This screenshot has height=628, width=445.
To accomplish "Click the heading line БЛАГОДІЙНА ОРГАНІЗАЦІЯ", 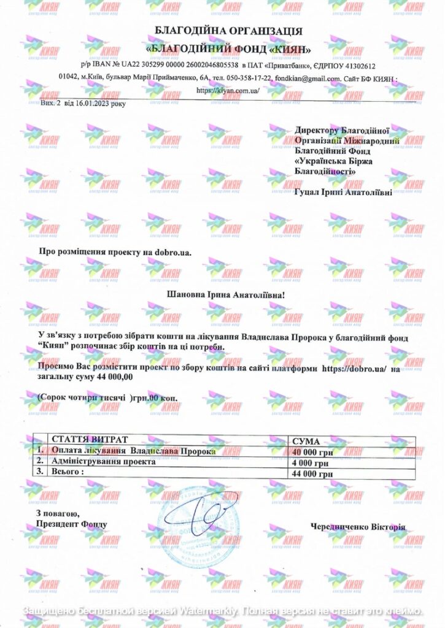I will click(228, 31).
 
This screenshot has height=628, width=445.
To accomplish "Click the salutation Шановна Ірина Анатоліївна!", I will click(226, 295).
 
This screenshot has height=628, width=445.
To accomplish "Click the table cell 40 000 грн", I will click(313, 452).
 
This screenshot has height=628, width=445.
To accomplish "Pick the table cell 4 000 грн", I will click(313, 463).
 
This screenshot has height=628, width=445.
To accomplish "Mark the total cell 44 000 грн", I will click(313, 474).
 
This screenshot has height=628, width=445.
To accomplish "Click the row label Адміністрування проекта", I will click(104, 462).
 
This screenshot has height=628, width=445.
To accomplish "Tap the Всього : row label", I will click(68, 472).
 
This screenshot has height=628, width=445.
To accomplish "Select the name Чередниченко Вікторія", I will click(358, 526).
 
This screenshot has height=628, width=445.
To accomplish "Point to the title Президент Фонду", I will click(71, 524).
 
